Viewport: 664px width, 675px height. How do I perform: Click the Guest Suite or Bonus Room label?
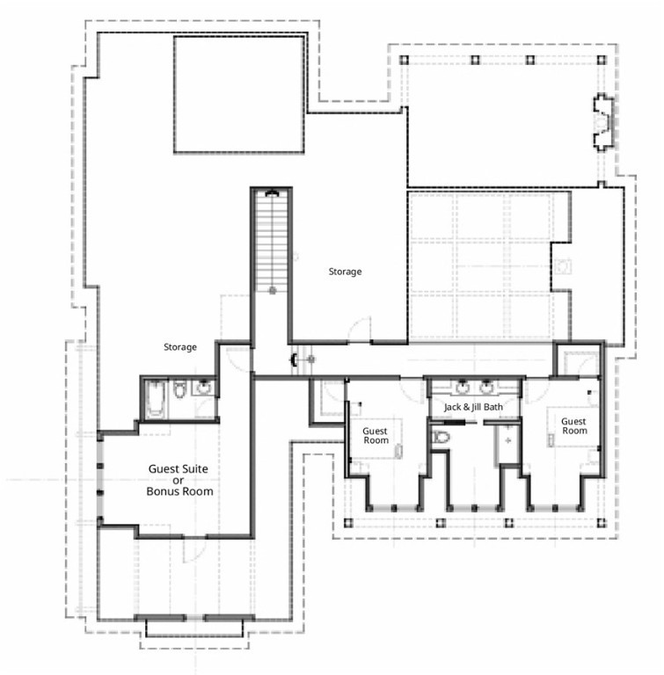179,480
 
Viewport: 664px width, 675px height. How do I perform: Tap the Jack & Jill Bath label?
473,407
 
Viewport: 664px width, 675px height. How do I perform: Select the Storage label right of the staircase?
345,272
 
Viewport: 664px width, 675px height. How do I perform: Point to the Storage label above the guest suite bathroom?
180,347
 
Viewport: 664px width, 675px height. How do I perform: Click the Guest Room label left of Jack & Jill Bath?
376,436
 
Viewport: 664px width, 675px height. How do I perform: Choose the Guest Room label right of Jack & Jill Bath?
574,426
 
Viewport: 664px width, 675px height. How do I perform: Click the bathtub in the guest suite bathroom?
155,399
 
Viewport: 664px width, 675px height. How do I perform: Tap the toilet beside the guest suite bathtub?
179,388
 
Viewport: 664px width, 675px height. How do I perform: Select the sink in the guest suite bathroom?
202,387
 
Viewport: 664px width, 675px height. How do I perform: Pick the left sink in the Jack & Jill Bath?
462,387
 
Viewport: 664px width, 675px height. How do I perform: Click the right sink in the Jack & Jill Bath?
486,387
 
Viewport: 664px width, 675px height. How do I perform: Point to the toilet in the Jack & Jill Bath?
441,438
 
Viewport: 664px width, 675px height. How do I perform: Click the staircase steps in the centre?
272,242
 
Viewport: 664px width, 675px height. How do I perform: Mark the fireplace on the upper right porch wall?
602,122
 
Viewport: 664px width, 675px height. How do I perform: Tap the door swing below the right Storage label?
360,330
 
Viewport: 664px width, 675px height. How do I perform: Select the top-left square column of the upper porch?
404,60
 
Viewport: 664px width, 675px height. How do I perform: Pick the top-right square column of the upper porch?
601,60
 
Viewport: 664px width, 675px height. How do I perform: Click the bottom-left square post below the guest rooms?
348,523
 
